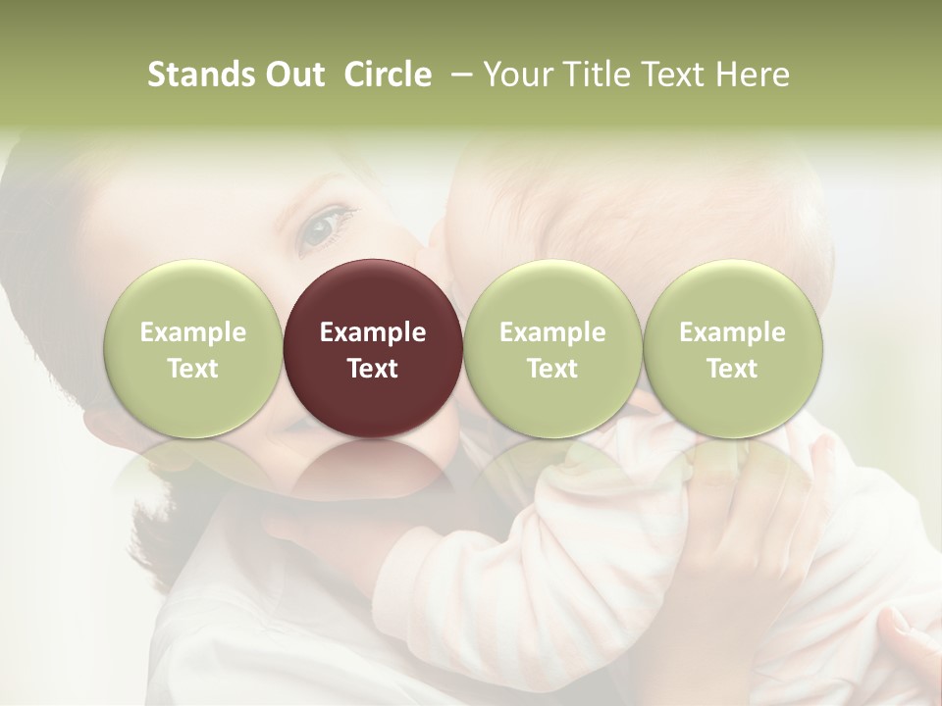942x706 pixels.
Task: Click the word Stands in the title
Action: pos(201,75)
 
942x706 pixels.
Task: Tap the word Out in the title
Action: pos(291,75)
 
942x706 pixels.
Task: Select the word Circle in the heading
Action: pos(388,75)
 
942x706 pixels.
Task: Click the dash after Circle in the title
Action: pos(461,75)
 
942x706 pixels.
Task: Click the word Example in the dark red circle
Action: pos(373,332)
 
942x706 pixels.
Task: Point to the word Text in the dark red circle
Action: pos(373,369)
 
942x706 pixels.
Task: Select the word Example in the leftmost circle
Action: pos(193,332)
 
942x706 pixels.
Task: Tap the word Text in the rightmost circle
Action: pos(733,369)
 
